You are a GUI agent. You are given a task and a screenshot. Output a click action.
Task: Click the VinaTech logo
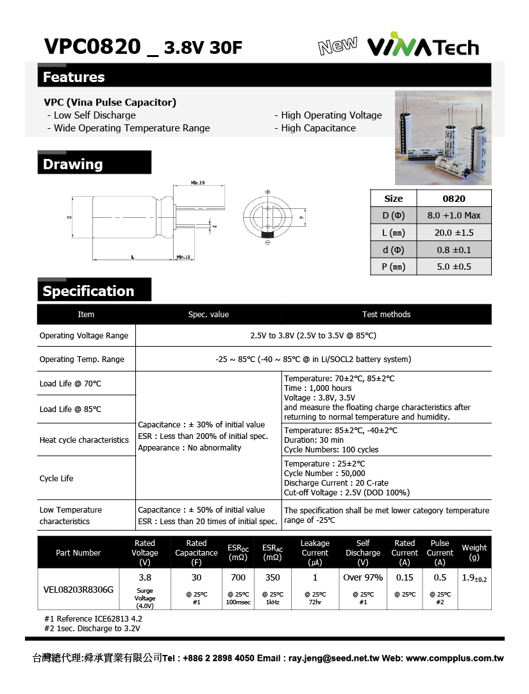[423, 47]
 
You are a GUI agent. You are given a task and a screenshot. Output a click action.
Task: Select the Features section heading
[74, 78]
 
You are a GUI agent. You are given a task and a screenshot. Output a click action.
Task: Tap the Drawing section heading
[72, 165]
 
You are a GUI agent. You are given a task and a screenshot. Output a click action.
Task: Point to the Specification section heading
[88, 292]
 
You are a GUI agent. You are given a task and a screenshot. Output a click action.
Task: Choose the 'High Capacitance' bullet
[319, 128]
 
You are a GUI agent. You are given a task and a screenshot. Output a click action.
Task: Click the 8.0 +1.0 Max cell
[454, 215]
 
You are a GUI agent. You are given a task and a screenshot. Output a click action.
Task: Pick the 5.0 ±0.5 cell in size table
[454, 267]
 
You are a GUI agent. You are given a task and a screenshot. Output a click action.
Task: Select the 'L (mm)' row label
[394, 233]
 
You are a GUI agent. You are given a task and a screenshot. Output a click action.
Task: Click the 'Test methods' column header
[386, 315]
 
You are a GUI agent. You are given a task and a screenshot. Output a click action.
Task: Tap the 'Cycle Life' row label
[56, 479]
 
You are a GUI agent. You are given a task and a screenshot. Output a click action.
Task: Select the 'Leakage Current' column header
[315, 552]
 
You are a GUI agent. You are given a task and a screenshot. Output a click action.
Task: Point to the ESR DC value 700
[238, 578]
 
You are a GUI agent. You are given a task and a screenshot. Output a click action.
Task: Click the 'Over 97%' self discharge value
[363, 578]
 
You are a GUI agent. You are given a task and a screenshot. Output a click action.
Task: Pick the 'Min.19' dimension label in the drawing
[197, 184]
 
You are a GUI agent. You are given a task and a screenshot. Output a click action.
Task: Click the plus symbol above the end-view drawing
[267, 192]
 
